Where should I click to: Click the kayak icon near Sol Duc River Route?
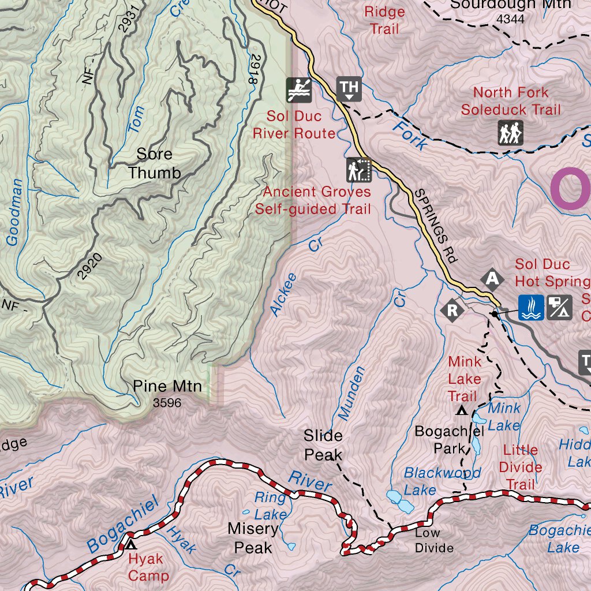point(299,89)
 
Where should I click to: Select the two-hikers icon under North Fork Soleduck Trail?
point(510,133)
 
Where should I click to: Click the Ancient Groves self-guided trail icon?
point(358,170)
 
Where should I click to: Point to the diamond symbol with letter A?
point(492,279)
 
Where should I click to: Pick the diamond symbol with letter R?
point(452,310)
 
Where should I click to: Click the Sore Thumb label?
point(154,163)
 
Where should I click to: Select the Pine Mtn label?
point(167,386)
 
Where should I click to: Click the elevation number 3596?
point(167,403)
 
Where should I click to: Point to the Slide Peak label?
point(323,445)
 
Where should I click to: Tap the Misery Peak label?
point(253,537)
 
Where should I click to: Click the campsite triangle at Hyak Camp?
point(132,544)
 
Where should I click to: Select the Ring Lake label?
point(270,505)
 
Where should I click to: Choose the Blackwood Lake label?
point(442,481)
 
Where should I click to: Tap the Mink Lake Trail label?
point(464,379)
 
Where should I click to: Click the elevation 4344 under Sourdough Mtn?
point(510,19)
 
